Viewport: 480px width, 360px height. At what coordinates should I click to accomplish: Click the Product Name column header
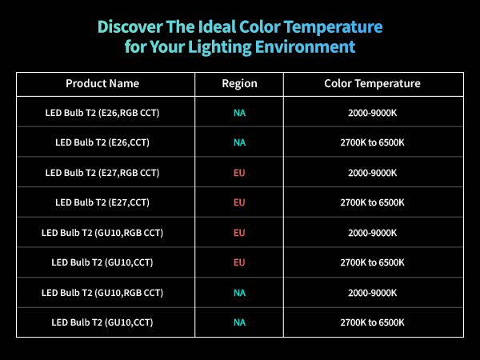pos(102,83)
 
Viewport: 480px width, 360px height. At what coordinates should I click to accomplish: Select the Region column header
pos(239,83)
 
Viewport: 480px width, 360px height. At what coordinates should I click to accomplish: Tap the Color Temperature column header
pos(372,83)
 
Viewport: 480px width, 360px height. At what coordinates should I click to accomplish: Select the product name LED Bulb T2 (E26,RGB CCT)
pos(102,113)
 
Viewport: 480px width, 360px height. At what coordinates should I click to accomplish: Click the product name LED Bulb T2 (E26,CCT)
pos(102,142)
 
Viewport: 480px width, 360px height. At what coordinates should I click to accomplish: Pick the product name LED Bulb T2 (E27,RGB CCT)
pos(102,172)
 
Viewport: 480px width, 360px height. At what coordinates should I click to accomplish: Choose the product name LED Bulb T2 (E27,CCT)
pos(102,202)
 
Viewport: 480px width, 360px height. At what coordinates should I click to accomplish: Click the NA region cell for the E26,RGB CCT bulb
pos(239,113)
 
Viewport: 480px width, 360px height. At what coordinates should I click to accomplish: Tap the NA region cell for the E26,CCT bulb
pos(239,142)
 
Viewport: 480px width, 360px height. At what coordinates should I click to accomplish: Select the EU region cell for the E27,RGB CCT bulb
pos(239,172)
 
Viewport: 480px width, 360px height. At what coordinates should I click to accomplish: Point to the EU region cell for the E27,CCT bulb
pos(239,202)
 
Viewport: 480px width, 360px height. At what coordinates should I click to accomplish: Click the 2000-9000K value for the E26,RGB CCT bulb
pos(372,113)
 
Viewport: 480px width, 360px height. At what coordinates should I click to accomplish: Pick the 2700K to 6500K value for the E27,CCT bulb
pos(372,202)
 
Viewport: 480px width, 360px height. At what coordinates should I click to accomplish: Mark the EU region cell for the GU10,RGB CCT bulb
pos(239,233)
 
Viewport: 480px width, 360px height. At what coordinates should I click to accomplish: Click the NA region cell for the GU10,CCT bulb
pos(239,322)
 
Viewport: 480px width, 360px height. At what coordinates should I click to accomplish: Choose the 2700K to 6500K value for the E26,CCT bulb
pos(372,142)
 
